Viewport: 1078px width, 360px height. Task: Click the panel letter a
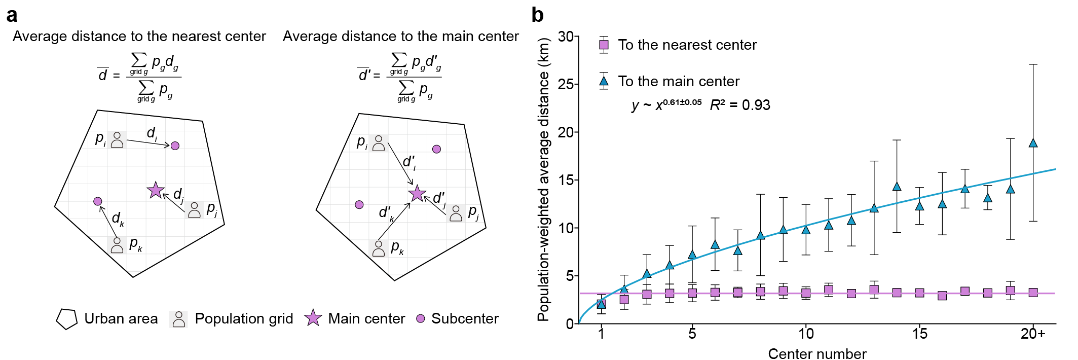tap(12, 15)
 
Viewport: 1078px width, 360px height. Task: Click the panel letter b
tap(538, 15)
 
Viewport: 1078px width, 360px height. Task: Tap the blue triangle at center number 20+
tap(1033, 143)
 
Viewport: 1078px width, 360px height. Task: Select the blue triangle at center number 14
tap(897, 187)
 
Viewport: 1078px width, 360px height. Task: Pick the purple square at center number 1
tap(602, 304)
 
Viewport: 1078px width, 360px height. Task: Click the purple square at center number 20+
tap(1033, 293)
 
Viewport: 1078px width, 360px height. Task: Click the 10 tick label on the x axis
tap(806, 334)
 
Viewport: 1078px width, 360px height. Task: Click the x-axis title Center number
tap(817, 353)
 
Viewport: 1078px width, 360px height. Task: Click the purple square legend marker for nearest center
tap(604, 45)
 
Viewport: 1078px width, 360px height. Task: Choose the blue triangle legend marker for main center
tap(604, 81)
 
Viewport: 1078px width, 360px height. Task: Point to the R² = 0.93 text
tap(740, 105)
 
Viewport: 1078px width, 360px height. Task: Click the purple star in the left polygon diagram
tap(156, 190)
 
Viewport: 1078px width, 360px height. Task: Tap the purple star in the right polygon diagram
tap(417, 193)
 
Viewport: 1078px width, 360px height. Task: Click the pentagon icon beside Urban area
tap(66, 319)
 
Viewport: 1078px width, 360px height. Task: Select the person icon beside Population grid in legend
tap(178, 319)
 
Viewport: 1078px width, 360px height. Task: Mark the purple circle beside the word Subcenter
tap(420, 318)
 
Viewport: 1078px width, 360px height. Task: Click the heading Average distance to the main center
tap(400, 37)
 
